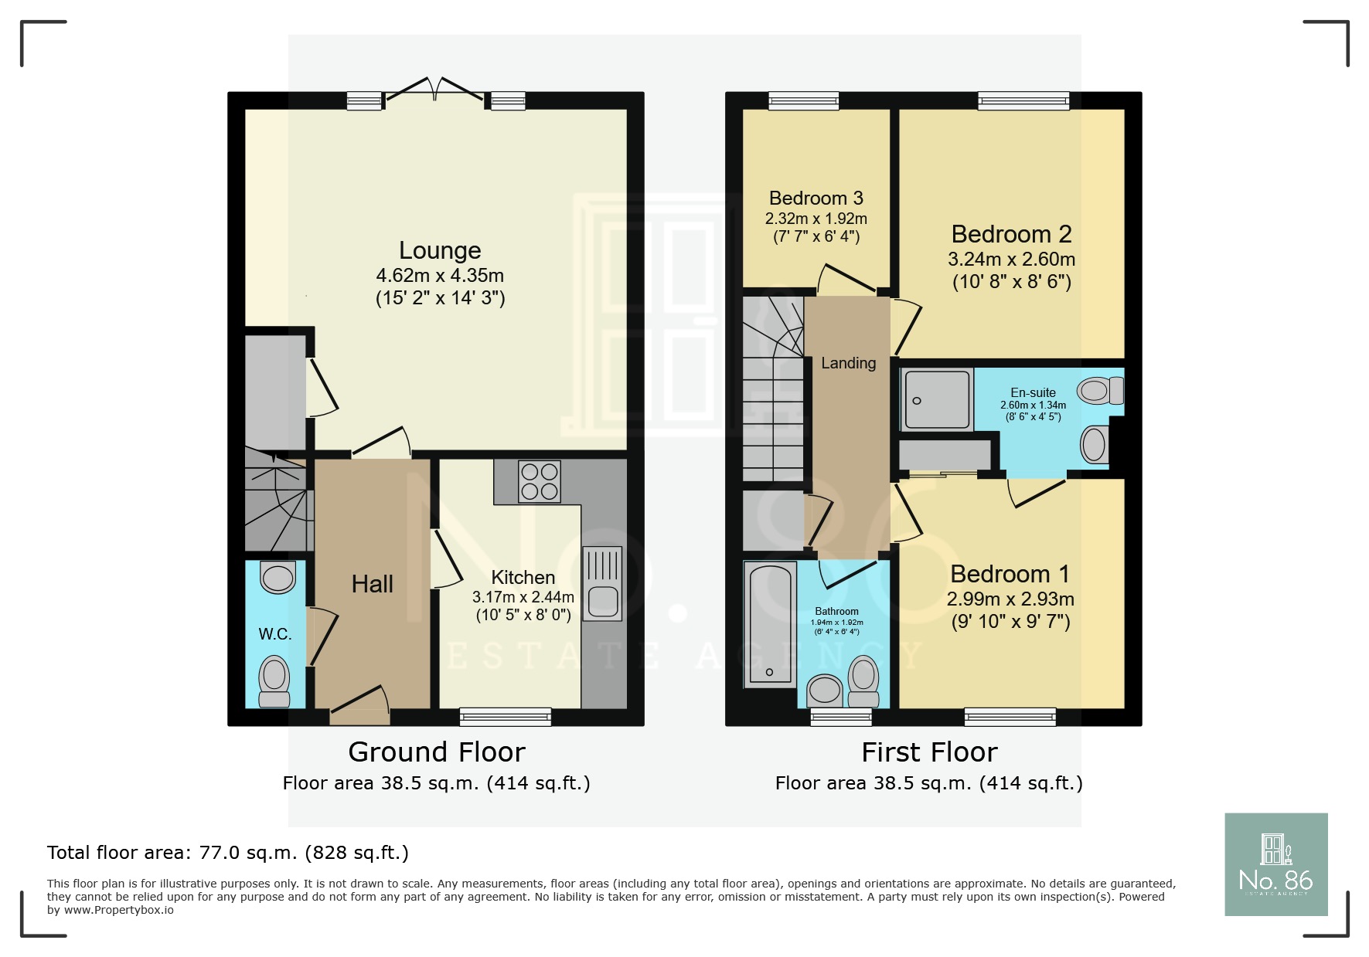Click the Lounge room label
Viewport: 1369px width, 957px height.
point(440,250)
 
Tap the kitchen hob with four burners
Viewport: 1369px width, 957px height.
point(539,481)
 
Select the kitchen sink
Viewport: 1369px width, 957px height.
point(602,584)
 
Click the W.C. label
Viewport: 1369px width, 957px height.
point(275,634)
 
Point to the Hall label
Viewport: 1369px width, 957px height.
point(372,584)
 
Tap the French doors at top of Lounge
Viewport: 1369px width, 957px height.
point(436,90)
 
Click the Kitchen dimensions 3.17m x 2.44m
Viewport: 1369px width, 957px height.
point(523,597)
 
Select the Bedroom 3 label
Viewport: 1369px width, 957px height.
point(816,199)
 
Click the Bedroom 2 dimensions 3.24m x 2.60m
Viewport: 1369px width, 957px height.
point(1011,260)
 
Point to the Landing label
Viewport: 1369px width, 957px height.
point(848,363)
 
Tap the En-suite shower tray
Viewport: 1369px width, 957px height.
point(937,399)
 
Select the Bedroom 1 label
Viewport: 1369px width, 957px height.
point(1010,574)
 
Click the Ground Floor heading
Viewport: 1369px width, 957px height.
point(437,752)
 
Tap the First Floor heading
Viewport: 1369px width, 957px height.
point(929,752)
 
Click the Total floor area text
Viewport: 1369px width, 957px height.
point(228,853)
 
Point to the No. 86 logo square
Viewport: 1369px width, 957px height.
point(1275,864)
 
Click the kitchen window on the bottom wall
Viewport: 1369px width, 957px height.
point(506,717)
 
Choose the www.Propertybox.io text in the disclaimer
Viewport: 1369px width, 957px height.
point(118,910)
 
